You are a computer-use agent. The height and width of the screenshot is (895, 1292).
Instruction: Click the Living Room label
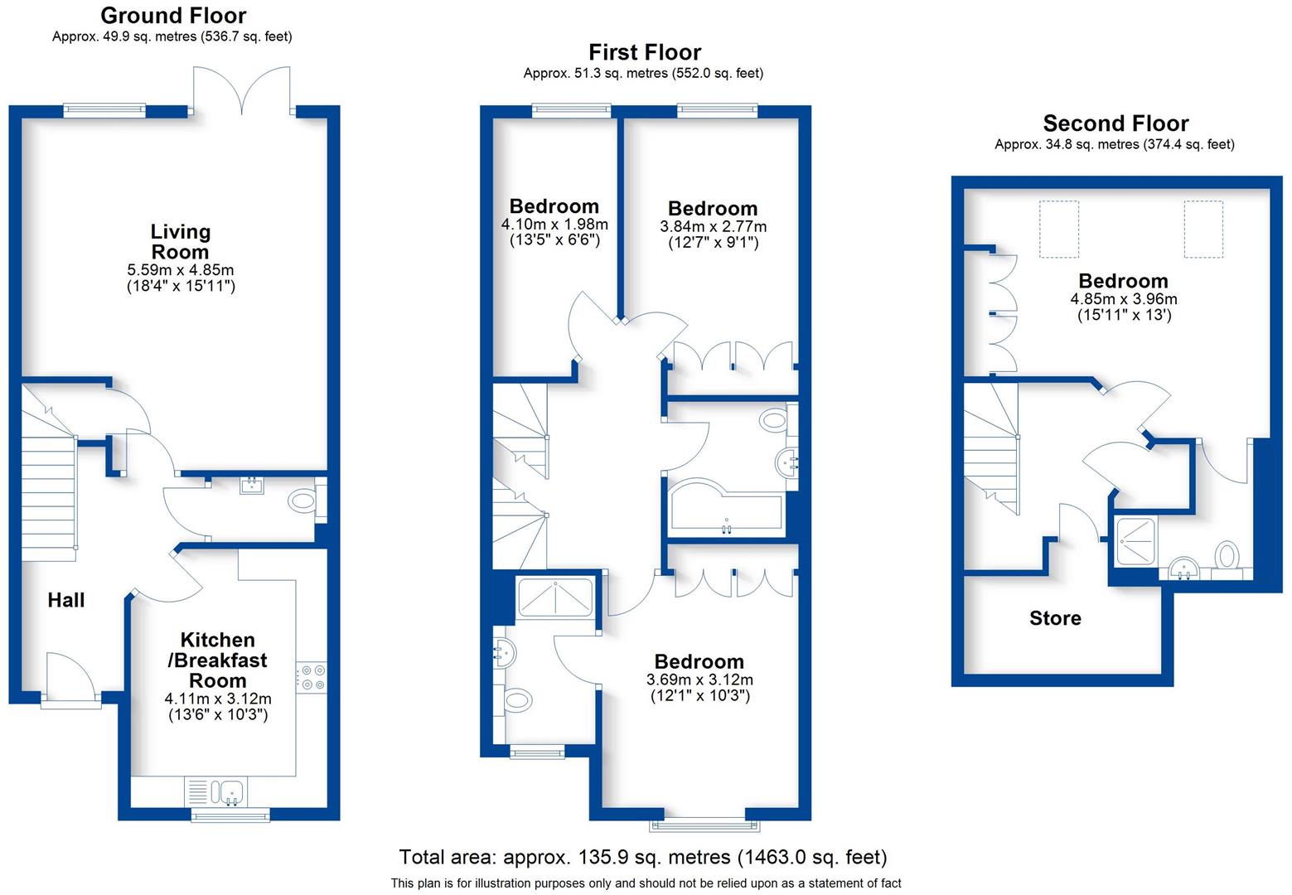(x=180, y=242)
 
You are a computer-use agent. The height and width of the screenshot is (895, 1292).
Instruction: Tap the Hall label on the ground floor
(x=65, y=600)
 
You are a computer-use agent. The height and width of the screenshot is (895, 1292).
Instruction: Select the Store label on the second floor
(x=1054, y=618)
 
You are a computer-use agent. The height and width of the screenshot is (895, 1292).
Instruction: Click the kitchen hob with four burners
(x=312, y=677)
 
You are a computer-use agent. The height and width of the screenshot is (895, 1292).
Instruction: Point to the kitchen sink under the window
(x=229, y=791)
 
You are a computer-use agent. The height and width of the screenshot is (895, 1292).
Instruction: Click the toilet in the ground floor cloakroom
(x=302, y=501)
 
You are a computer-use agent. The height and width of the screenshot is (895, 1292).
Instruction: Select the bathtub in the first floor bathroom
(x=725, y=508)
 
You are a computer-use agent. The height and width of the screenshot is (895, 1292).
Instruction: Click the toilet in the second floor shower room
(x=1227, y=555)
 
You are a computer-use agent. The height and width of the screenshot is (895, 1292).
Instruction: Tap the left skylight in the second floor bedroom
(x=1059, y=229)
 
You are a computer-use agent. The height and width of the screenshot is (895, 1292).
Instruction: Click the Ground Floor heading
(x=173, y=16)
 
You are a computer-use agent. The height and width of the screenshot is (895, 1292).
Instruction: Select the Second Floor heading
(x=1115, y=123)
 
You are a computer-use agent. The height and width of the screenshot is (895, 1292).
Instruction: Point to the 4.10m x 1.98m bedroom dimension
(x=554, y=225)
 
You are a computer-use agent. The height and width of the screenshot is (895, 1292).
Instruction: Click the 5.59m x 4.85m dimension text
(x=180, y=270)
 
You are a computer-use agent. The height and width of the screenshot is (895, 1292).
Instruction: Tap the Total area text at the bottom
(x=642, y=857)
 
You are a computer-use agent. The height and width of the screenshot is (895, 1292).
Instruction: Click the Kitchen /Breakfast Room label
(x=218, y=660)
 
